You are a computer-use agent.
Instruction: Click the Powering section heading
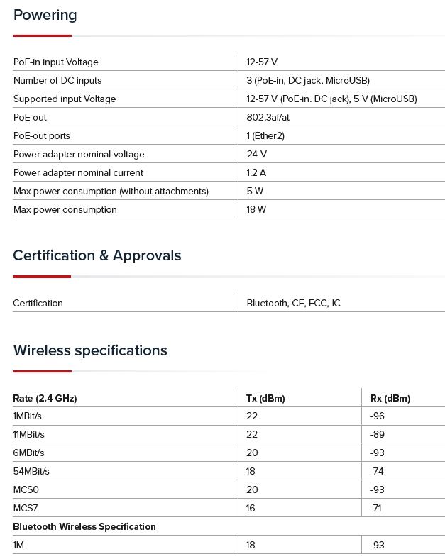pyautogui.click(x=45, y=15)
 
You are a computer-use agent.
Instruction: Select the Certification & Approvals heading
pyautogui.click(x=97, y=255)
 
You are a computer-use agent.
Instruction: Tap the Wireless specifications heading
pyautogui.click(x=90, y=350)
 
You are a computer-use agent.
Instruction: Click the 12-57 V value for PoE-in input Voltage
pyautogui.click(x=262, y=62)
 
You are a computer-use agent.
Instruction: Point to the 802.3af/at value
pyautogui.click(x=268, y=118)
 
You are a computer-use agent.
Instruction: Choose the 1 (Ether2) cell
pyautogui.click(x=265, y=136)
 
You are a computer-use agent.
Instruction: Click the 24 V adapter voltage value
pyautogui.click(x=256, y=155)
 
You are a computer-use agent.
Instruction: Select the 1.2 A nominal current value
pyautogui.click(x=256, y=173)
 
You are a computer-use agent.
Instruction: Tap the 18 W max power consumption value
pyautogui.click(x=256, y=210)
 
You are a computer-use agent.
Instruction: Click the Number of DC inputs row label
pyautogui.click(x=57, y=81)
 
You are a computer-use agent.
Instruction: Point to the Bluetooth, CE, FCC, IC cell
pyautogui.click(x=293, y=304)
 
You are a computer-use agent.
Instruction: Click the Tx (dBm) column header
pyautogui.click(x=265, y=399)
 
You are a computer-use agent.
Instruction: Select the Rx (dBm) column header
pyautogui.click(x=390, y=399)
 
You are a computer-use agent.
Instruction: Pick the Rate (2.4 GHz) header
pyautogui.click(x=45, y=399)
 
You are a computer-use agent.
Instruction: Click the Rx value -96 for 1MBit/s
pyautogui.click(x=378, y=416)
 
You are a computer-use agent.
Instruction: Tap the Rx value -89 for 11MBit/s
pyautogui.click(x=378, y=435)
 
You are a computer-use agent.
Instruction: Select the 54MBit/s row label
pyautogui.click(x=31, y=472)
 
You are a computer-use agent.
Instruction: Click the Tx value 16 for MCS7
pyautogui.click(x=252, y=509)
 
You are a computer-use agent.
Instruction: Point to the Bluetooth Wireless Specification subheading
pyautogui.click(x=84, y=527)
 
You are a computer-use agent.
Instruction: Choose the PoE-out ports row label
pyautogui.click(x=42, y=136)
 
